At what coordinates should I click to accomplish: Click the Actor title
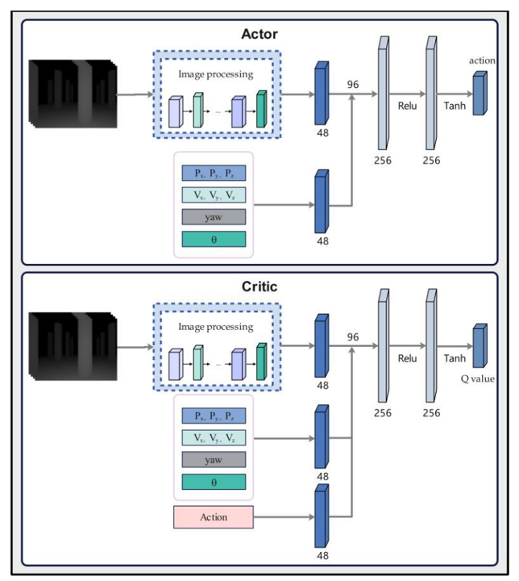[x=259, y=34]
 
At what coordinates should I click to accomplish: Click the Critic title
[x=259, y=287]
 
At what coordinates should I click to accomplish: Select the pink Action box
[x=214, y=516]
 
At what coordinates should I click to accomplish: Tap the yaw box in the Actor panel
[x=214, y=217]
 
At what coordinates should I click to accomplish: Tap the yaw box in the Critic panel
[x=214, y=460]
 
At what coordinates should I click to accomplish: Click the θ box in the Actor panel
[x=214, y=239]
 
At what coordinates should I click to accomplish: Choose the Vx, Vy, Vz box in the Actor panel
[x=214, y=194]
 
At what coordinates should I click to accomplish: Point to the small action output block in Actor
[x=480, y=93]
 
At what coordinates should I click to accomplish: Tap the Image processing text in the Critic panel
[x=215, y=327]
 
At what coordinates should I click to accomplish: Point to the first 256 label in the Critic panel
[x=382, y=413]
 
